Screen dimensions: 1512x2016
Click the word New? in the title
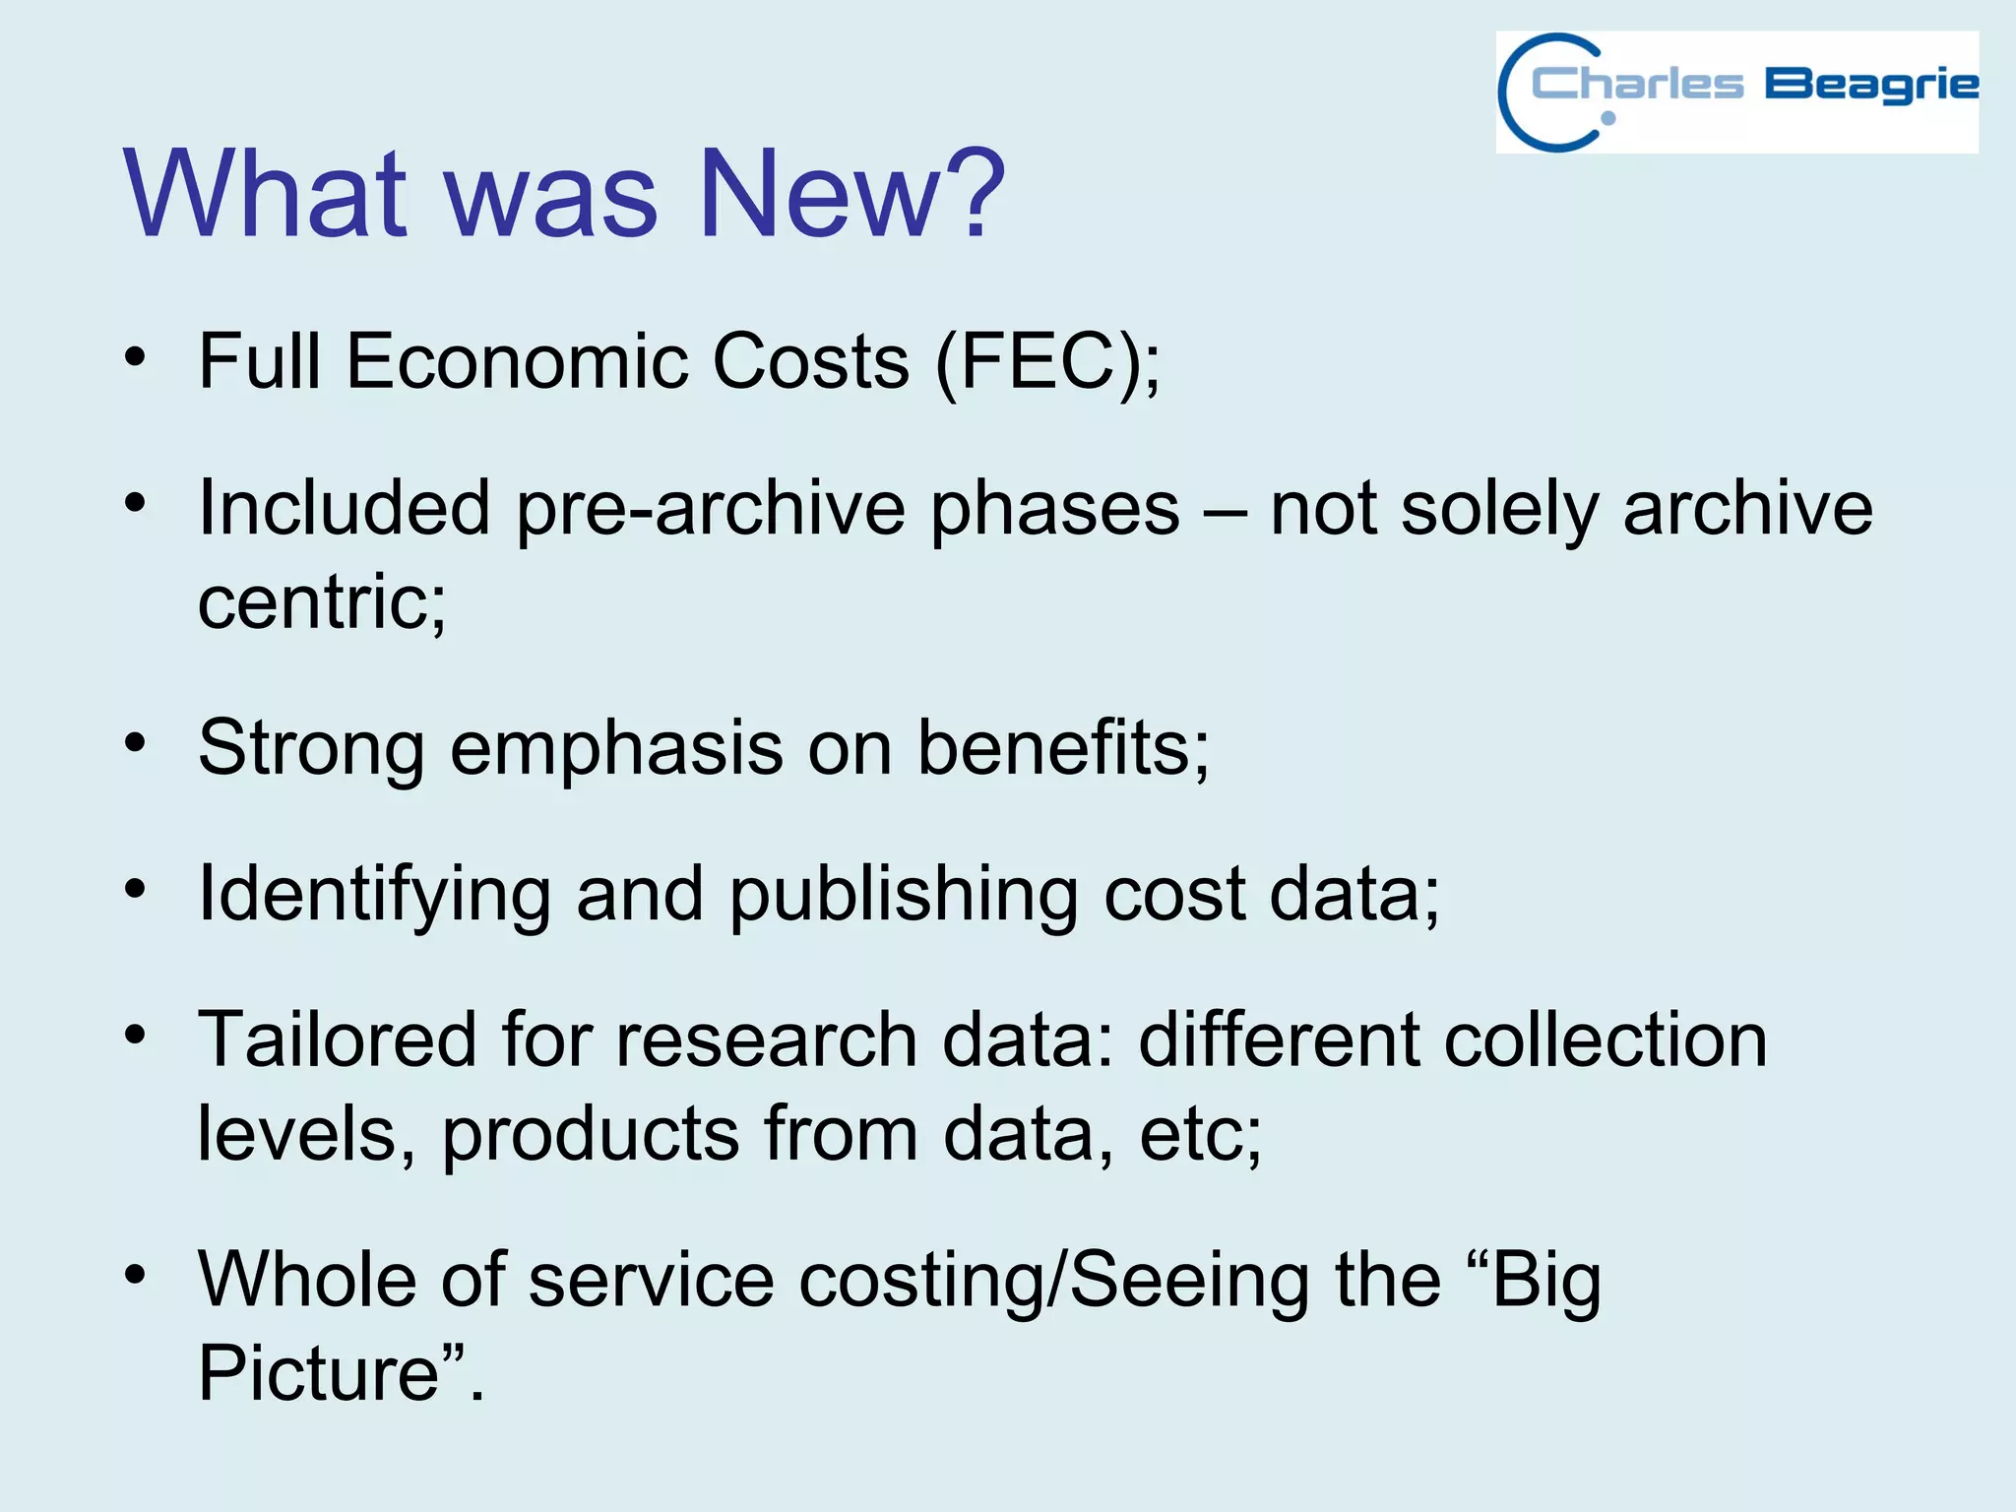tap(851, 193)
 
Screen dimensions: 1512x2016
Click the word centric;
tap(322, 602)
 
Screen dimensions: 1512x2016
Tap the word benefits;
tap(1063, 748)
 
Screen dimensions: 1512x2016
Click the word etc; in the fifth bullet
tap(1200, 1134)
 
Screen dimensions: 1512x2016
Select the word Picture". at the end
tap(341, 1373)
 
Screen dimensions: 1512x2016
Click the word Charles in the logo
tap(1637, 85)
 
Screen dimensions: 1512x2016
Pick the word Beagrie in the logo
tap(1870, 86)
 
